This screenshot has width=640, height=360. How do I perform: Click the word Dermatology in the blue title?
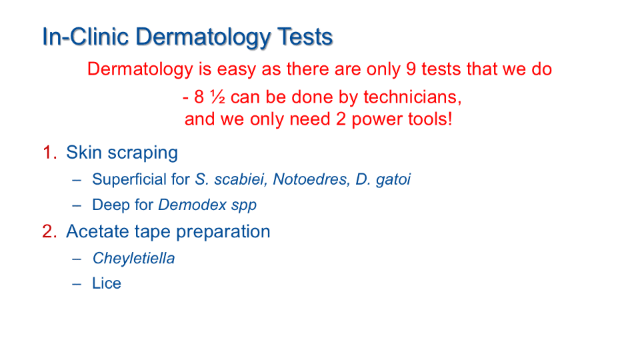click(x=203, y=37)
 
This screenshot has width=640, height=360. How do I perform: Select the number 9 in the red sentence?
click(x=411, y=69)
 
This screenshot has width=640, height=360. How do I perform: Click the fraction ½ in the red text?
click(x=217, y=97)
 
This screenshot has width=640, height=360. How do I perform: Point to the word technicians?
click(x=412, y=97)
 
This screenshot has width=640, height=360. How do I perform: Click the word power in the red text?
click(x=375, y=120)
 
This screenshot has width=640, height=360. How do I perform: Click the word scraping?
click(x=143, y=153)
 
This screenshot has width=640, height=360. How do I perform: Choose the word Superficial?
click(x=141, y=179)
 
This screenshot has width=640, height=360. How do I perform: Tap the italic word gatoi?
click(x=393, y=180)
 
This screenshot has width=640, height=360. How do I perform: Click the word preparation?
click(x=223, y=232)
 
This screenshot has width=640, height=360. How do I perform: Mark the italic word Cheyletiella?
click(x=133, y=259)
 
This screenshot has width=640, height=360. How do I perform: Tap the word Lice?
click(x=107, y=284)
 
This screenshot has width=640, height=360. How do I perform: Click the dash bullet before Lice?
click(x=77, y=285)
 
